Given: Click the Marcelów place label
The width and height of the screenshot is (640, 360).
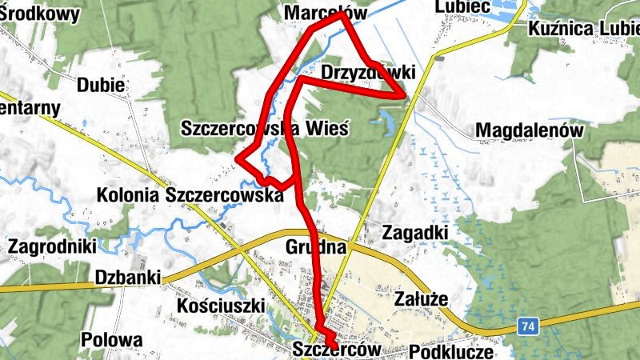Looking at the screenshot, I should (326, 13).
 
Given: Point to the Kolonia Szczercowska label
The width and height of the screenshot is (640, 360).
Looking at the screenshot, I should (190, 194).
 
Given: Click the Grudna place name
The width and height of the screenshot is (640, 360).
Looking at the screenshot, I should (315, 247).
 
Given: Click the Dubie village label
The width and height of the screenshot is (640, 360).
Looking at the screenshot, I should (101, 85).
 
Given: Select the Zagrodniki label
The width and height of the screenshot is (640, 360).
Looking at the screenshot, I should (52, 246).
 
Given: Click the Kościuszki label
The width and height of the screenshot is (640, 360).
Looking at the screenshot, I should (220, 306).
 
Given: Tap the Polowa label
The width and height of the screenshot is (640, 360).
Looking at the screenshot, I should (111, 340).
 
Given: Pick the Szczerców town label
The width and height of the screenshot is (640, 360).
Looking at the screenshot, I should (335, 350).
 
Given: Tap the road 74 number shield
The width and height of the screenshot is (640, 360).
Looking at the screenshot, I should (526, 326).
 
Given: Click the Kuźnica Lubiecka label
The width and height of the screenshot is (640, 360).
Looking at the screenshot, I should (584, 30).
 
